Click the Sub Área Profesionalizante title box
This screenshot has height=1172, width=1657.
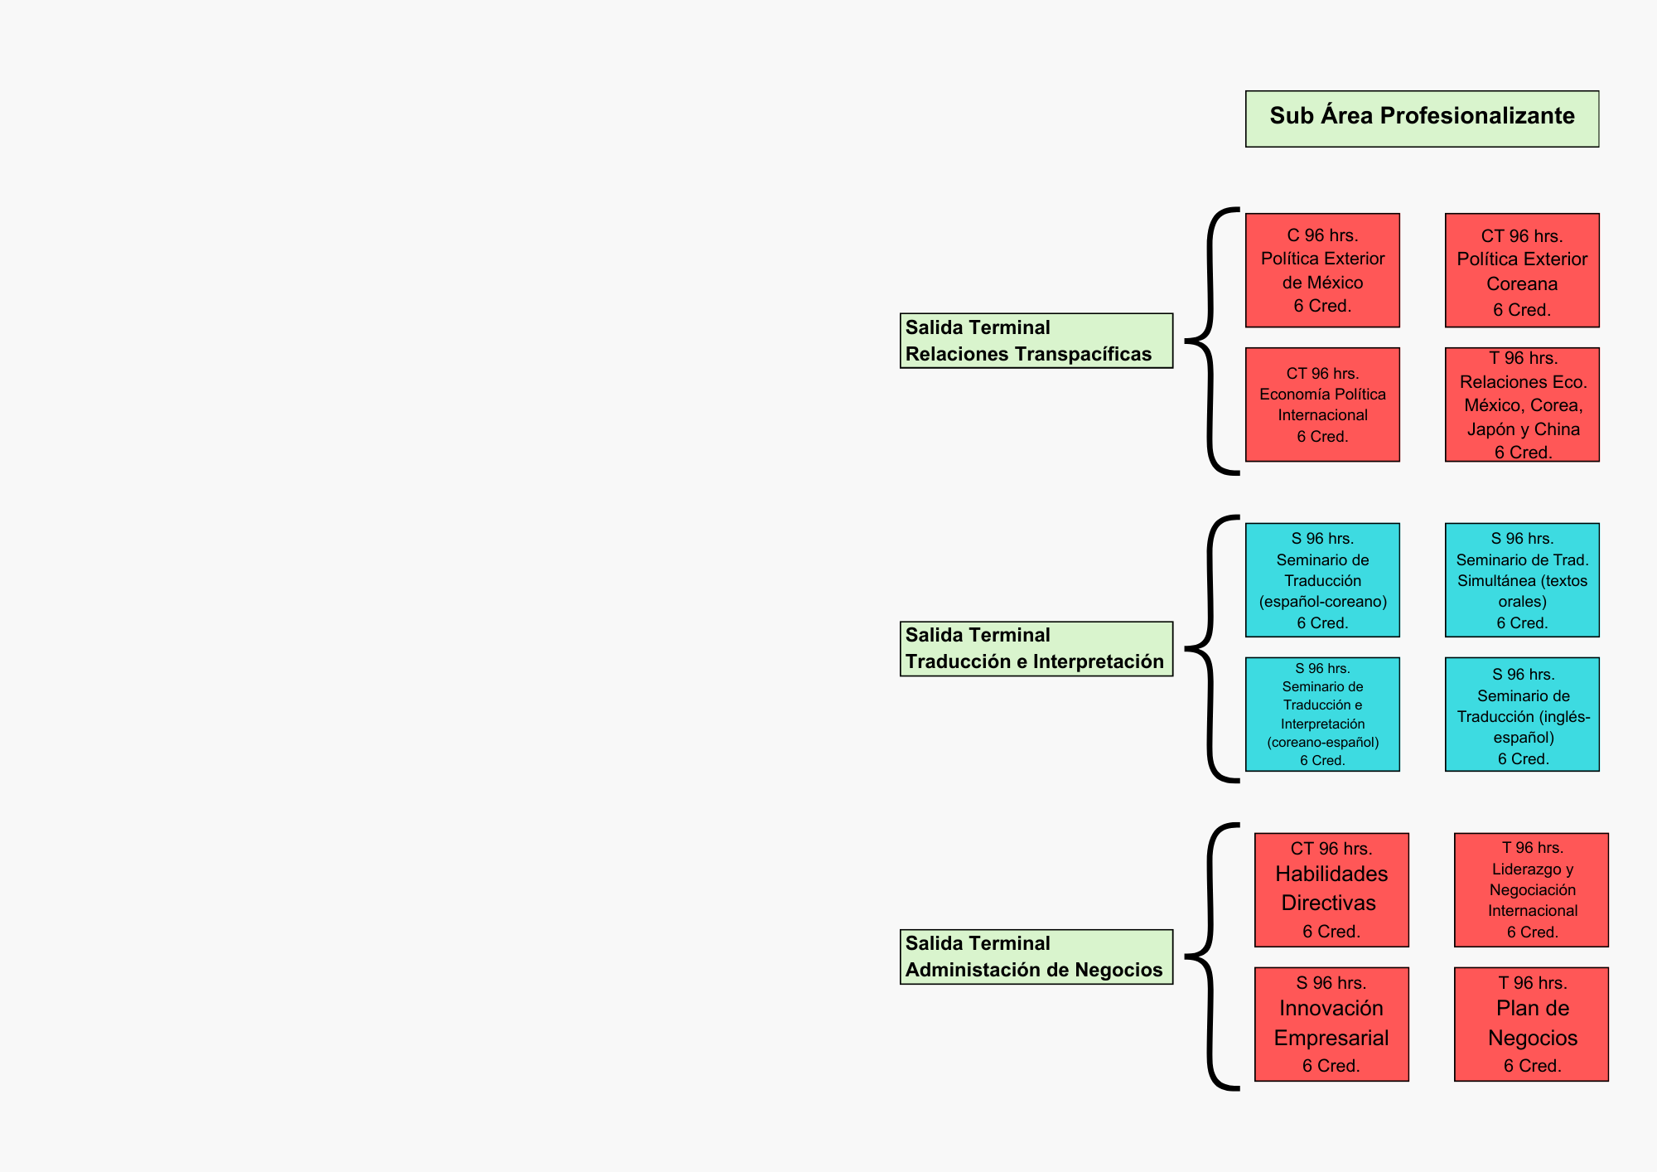[x=1422, y=119]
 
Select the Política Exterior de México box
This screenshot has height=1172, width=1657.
[x=1322, y=270]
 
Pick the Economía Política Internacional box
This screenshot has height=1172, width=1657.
[x=1322, y=404]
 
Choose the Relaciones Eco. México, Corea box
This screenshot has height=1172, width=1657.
[x=1522, y=404]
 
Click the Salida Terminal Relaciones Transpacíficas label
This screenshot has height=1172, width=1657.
[x=1036, y=341]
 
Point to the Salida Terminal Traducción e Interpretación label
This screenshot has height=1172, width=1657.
[x=1036, y=648]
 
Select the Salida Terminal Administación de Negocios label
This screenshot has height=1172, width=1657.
[x=1036, y=956]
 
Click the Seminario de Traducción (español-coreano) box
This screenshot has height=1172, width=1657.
[x=1322, y=579]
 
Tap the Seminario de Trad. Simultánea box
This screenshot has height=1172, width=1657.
[x=1522, y=579]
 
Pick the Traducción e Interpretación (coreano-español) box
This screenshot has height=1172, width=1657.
[x=1322, y=714]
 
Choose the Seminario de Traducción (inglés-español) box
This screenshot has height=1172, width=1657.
[x=1522, y=714]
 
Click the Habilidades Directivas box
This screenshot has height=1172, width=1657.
[x=1331, y=889]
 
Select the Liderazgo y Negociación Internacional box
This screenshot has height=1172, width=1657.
[x=1531, y=889]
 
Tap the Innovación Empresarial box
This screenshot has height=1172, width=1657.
[x=1331, y=1024]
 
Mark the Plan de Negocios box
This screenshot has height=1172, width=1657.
[x=1531, y=1024]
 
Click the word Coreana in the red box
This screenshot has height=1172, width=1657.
[x=1522, y=284]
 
